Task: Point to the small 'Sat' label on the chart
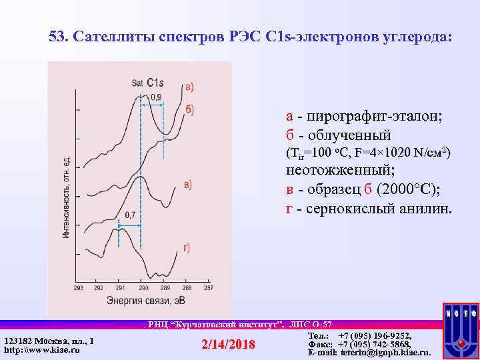[137, 83]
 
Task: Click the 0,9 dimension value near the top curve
[155, 97]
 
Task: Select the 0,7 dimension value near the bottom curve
[129, 215]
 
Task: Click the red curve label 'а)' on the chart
[190, 86]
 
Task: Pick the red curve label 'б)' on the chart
[190, 109]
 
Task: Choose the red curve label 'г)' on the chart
[187, 249]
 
